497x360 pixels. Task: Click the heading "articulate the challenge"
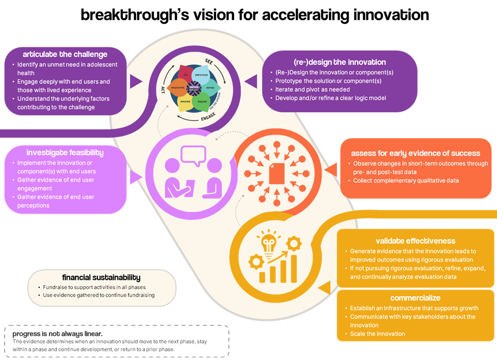[x=65, y=55]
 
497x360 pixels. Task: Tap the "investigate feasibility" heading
[x=65, y=152]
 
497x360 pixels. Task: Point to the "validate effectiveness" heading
[x=415, y=241]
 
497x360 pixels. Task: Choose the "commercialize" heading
[x=415, y=298]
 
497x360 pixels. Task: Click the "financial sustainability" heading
[x=101, y=277]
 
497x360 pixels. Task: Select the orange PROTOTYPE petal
[x=178, y=88]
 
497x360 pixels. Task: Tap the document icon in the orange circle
[x=276, y=173]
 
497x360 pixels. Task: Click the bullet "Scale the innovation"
[x=377, y=334]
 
